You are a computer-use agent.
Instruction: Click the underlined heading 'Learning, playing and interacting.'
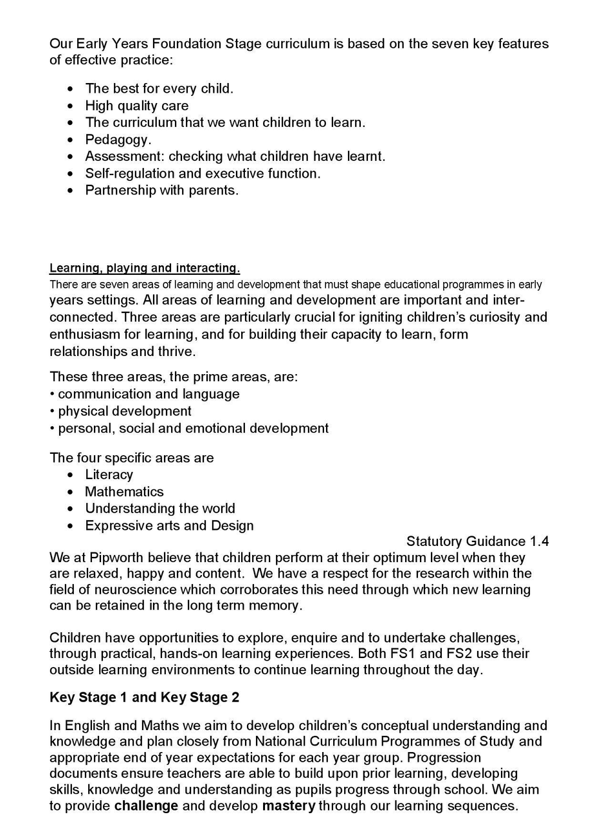click(x=145, y=268)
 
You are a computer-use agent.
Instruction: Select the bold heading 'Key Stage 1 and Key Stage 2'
click(x=145, y=697)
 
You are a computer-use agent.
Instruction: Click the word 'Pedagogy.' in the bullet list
click(x=118, y=139)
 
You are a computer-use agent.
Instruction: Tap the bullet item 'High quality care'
click(x=137, y=106)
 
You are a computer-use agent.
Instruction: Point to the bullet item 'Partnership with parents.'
click(x=161, y=190)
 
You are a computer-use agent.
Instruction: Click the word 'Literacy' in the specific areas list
click(x=109, y=475)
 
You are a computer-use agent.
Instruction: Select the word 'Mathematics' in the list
click(x=124, y=491)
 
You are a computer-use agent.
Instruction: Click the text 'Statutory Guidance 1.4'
click(x=477, y=541)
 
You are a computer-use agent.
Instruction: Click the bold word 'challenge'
click(x=146, y=805)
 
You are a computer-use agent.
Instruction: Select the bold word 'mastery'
click(x=288, y=805)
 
